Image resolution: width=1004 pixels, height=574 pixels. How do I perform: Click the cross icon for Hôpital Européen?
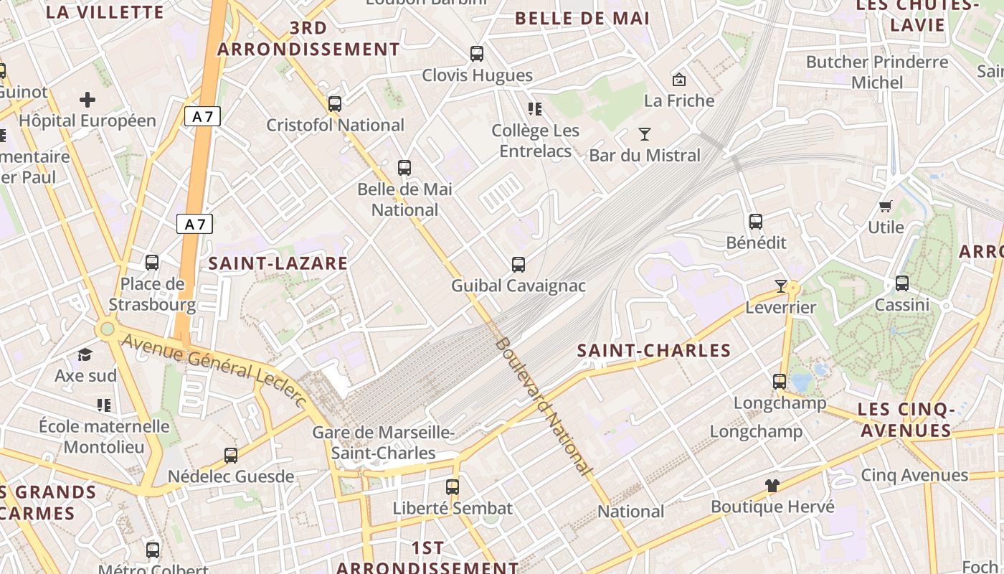point(87,99)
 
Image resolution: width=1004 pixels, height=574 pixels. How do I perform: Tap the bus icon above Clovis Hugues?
point(477,54)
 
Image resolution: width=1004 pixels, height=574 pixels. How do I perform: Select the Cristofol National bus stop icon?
point(335,104)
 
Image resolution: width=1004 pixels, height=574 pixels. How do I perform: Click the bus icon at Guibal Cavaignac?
point(518,265)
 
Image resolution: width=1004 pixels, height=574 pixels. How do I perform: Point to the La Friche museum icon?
point(678,79)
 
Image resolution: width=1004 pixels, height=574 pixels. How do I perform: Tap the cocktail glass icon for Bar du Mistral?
point(644,134)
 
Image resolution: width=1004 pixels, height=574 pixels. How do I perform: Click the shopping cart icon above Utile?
point(886,207)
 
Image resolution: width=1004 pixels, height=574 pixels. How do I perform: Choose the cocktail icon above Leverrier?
point(781,286)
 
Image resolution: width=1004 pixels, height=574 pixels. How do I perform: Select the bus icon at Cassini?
point(902,283)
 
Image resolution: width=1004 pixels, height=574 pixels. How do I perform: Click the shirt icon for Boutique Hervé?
point(772,486)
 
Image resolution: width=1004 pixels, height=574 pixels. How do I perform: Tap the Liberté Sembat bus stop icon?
point(453,487)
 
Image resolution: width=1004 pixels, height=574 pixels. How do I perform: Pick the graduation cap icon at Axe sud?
point(85,354)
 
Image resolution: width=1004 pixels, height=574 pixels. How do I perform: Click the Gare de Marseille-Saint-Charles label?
point(384,443)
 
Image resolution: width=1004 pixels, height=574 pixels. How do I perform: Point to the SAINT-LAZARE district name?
point(278,263)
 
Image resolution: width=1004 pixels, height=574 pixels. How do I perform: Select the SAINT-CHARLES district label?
point(654,351)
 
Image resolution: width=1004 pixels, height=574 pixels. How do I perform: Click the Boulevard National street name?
point(544,406)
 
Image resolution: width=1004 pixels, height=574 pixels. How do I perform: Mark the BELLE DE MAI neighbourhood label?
point(582,19)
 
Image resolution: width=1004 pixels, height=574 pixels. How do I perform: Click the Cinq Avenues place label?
point(914,475)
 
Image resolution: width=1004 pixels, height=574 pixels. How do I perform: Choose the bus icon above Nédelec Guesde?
point(231,456)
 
